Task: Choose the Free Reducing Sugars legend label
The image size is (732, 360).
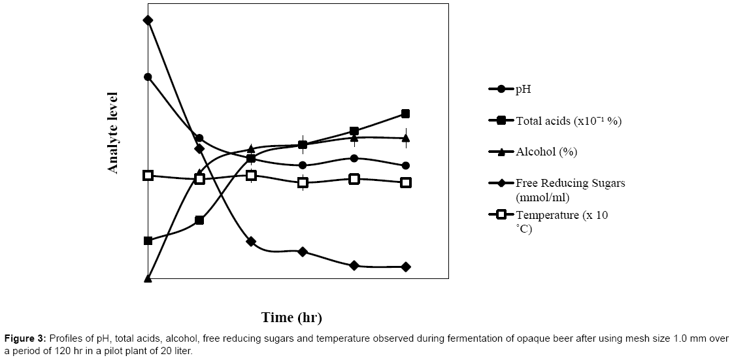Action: [570, 183]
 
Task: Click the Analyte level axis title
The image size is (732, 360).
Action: [113, 133]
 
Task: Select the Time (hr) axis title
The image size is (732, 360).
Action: [292, 318]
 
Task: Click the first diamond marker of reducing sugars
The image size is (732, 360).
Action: [148, 20]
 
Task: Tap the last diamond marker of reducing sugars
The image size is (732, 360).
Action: [405, 267]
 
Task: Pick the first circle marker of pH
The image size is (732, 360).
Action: [148, 76]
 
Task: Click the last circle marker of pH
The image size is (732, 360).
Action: [405, 165]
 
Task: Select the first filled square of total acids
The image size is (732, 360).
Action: [148, 240]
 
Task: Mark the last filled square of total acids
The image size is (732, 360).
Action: [405, 114]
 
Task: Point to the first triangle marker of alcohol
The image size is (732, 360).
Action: [148, 278]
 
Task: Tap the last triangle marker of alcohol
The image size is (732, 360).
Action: [405, 138]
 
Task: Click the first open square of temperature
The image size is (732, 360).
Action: [148, 175]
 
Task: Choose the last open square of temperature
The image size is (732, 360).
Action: [405, 182]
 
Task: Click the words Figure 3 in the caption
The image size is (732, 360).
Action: [25, 338]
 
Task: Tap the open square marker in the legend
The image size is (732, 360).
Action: [501, 215]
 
